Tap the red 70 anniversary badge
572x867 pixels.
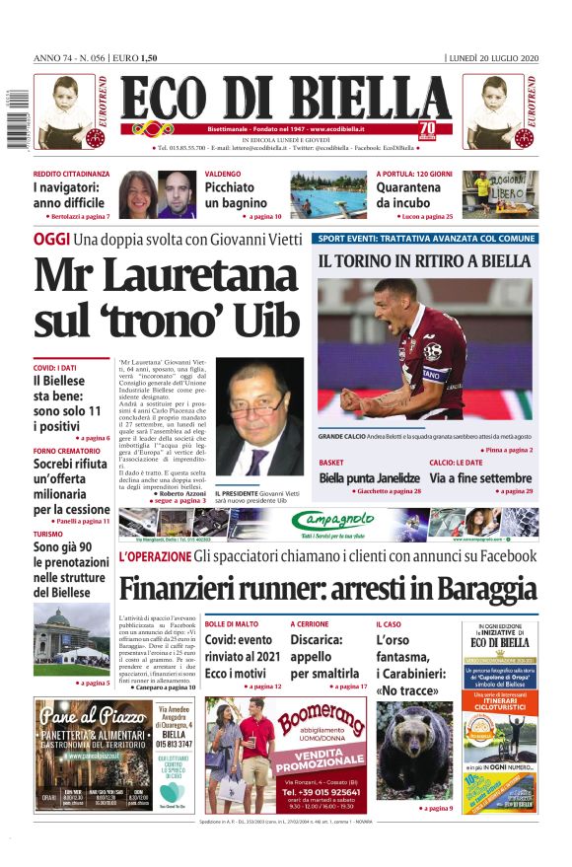[426, 129]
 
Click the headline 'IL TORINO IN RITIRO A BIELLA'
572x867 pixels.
[424, 261]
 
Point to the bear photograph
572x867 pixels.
[413, 749]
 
